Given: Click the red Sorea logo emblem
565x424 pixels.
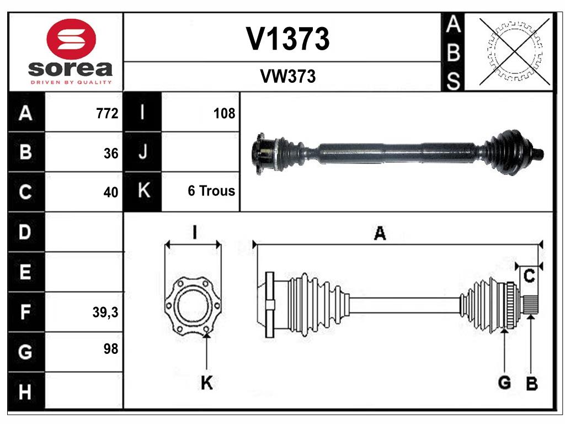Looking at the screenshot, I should point(72,39).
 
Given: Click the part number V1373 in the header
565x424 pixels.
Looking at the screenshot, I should point(287,39).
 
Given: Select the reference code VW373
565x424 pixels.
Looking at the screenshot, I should point(287,77).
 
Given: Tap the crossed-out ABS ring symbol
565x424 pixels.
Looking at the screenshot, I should point(515,51).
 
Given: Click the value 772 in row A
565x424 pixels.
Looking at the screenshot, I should point(106,114).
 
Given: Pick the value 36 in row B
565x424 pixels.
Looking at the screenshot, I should point(111,153).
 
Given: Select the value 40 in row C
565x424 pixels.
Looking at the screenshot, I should point(111,192).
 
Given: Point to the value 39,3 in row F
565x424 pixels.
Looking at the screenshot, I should point(105,312).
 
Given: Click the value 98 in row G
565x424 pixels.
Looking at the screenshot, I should point(110,349).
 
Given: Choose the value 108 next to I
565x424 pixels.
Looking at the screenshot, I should point(224,114).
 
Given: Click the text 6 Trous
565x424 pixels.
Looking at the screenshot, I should point(211,191).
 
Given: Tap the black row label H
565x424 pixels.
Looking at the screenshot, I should point(25,393).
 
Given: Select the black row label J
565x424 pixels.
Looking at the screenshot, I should point(142,152).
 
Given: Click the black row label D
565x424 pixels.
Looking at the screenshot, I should point(25,232).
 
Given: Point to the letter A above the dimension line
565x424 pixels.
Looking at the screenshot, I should point(380,234).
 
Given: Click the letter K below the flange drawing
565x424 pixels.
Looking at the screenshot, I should point(206,383).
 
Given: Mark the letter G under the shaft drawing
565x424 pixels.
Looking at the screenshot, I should point(504,382).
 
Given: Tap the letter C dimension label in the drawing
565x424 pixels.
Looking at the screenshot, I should point(529,277).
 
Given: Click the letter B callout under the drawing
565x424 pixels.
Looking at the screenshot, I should point(531,384).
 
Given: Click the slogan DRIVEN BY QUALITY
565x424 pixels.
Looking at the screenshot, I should point(72,82).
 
